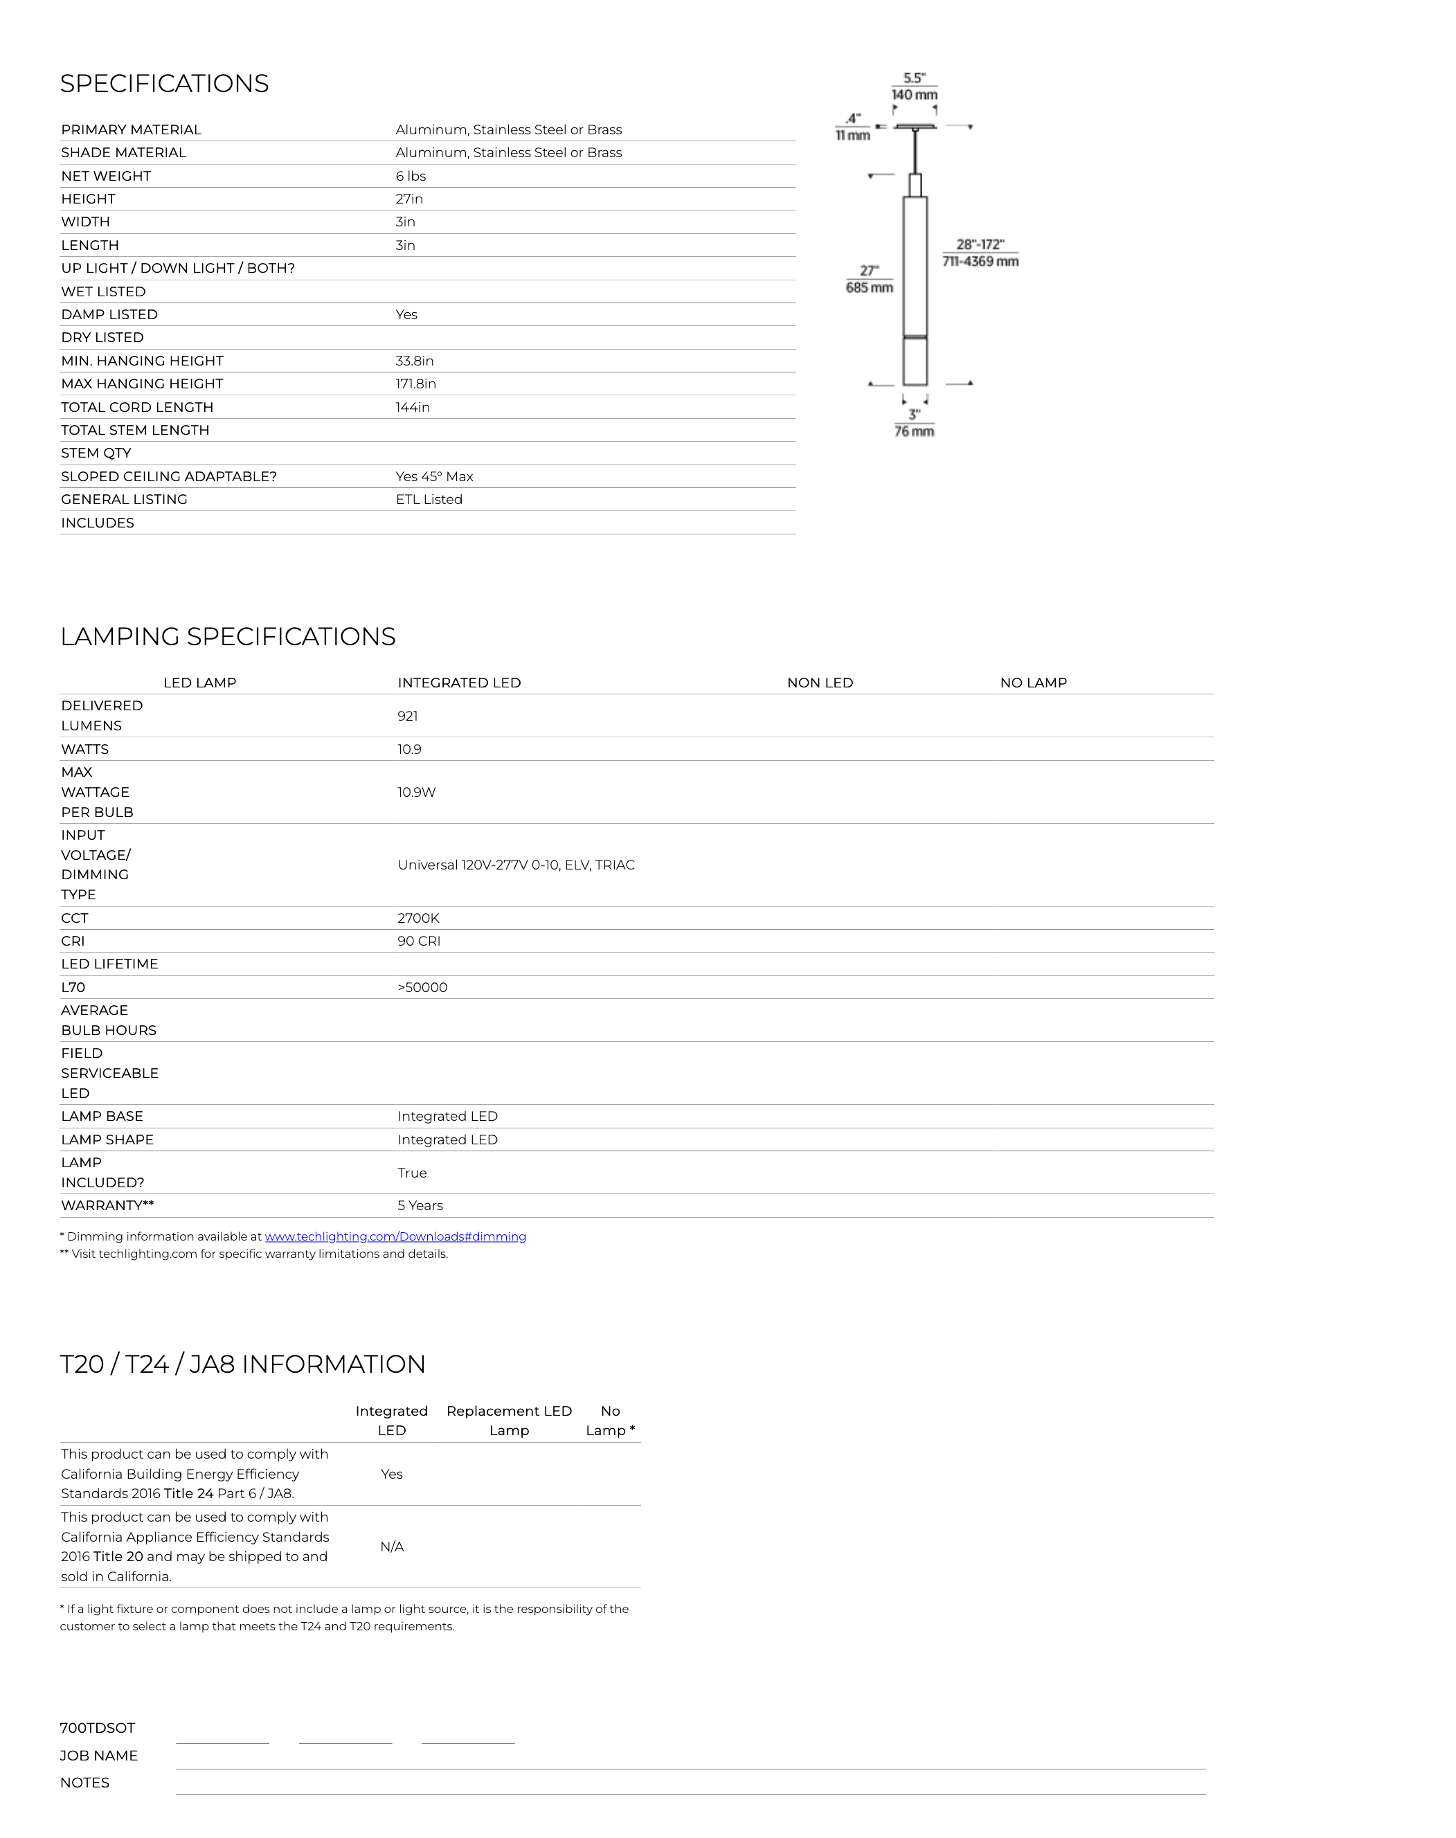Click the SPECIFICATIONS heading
pyautogui.click(x=165, y=84)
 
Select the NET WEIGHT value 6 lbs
pyautogui.click(x=410, y=177)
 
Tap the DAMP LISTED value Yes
pyautogui.click(x=406, y=314)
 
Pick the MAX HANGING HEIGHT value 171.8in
pyautogui.click(x=415, y=384)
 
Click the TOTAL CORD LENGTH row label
pyautogui.click(x=137, y=408)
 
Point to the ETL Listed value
pyautogui.click(x=429, y=500)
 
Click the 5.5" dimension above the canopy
pyautogui.click(x=914, y=78)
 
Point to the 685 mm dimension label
pyautogui.click(x=869, y=288)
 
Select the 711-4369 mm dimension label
pyautogui.click(x=980, y=262)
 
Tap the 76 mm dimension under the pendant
pyautogui.click(x=914, y=431)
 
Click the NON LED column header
pyautogui.click(x=819, y=683)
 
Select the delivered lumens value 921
pyautogui.click(x=408, y=716)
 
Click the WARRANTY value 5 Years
pyautogui.click(x=420, y=1205)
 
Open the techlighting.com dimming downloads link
pyautogui.click(x=395, y=1236)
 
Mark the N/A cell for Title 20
pyautogui.click(x=391, y=1547)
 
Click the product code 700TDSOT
pyautogui.click(x=97, y=1728)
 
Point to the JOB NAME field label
pyautogui.click(x=99, y=1756)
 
